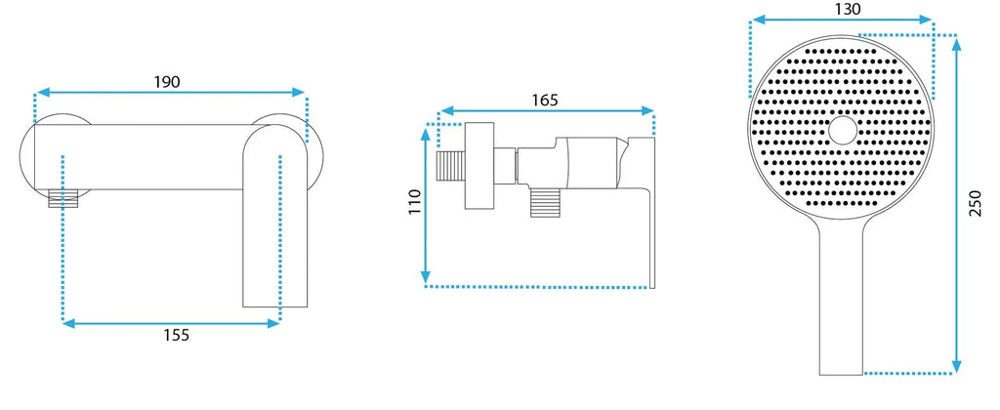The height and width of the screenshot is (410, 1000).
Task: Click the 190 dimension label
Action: tap(167, 82)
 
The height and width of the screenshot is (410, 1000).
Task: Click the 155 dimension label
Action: tap(177, 335)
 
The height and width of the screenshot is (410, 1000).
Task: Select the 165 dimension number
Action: tap(545, 101)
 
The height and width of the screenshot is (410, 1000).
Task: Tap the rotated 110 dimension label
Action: tap(415, 202)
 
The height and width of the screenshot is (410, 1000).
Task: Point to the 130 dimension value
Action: tap(848, 9)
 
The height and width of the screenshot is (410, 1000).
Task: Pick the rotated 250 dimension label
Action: tap(976, 203)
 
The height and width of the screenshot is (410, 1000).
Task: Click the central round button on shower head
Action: tap(843, 130)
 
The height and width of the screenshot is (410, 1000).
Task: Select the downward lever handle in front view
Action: tap(275, 217)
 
